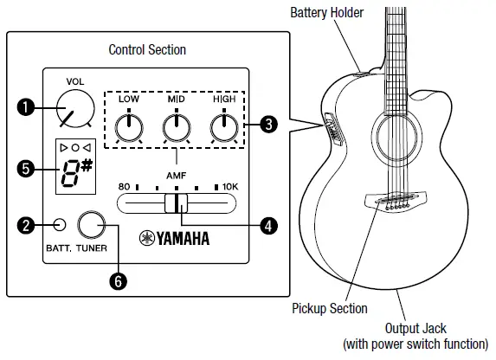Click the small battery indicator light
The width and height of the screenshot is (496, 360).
coord(58,227)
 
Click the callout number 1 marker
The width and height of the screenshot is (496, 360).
coord(25,107)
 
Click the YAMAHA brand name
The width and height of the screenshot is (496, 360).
coord(178,237)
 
